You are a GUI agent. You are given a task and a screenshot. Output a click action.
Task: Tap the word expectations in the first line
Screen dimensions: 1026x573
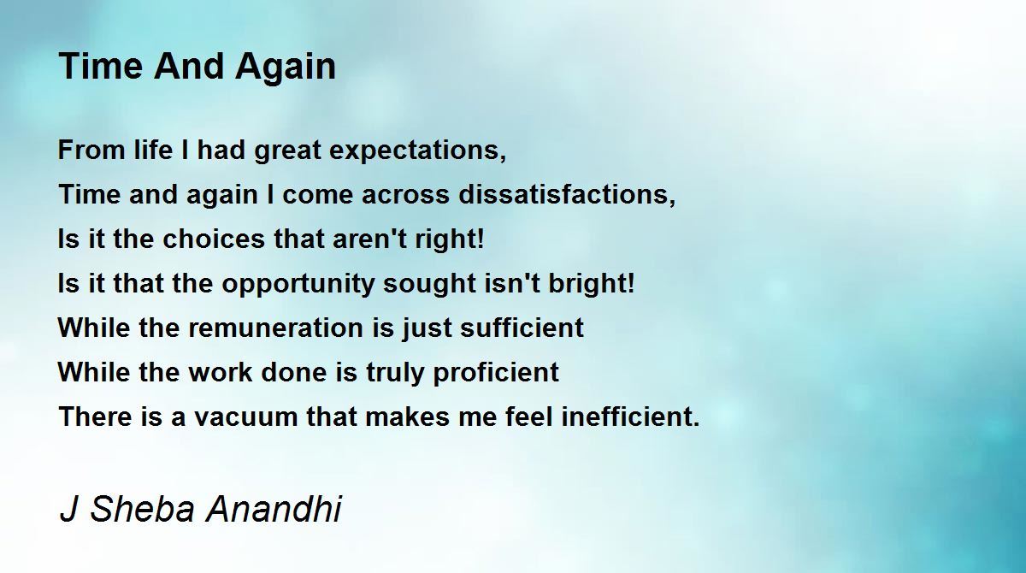417,151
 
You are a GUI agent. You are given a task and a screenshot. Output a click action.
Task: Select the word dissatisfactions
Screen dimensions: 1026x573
567,194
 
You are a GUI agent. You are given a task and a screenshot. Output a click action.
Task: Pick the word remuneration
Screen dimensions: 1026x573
275,328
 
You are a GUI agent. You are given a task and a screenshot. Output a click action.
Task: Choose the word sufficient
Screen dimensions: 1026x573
522,327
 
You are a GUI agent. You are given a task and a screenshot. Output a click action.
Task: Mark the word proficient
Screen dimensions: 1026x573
496,373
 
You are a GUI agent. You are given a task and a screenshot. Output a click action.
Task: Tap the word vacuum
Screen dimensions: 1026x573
246,417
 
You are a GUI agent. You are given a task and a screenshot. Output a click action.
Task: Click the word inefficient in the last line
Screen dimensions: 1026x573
631,416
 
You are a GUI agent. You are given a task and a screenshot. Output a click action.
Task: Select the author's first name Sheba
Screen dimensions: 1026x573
143,508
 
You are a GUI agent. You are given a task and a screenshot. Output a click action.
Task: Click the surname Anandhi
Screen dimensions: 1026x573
274,508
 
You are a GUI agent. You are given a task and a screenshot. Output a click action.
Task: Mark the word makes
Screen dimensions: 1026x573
408,416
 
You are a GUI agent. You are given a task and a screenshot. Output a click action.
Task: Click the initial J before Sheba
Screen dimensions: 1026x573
68,509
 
